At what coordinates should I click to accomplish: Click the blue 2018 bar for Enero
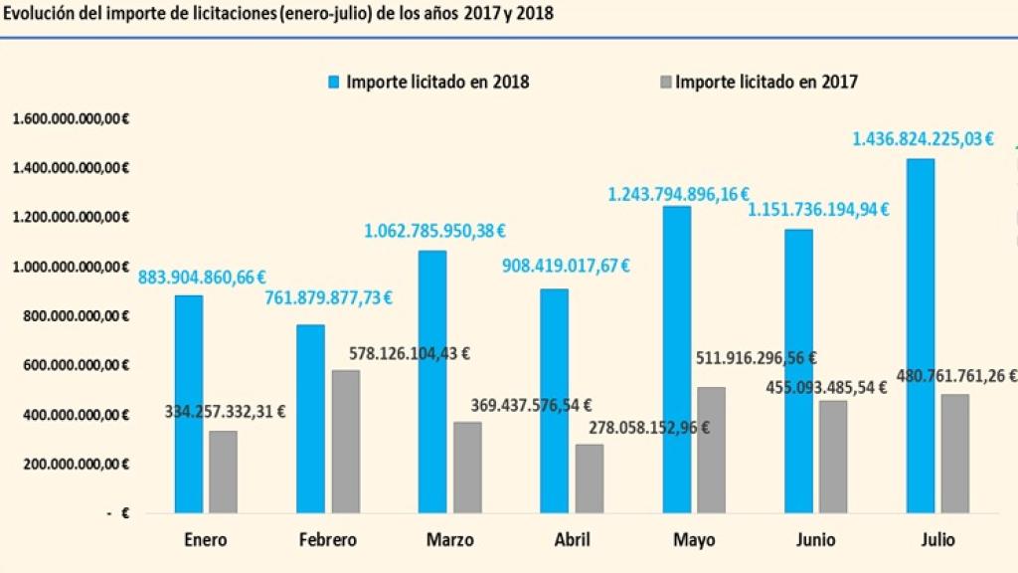click(x=189, y=404)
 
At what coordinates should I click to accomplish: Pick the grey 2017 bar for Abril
click(x=589, y=478)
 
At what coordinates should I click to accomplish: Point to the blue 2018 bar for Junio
click(x=798, y=371)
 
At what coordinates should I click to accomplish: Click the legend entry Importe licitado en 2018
click(x=426, y=82)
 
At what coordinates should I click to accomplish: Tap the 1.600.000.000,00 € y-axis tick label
click(x=72, y=118)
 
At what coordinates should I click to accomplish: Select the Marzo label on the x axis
click(x=449, y=540)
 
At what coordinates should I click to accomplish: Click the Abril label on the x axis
click(x=572, y=540)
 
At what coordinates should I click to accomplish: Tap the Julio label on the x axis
click(x=936, y=540)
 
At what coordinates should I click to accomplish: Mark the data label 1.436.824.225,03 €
click(x=923, y=139)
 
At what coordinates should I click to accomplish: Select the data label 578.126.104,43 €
click(x=409, y=352)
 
